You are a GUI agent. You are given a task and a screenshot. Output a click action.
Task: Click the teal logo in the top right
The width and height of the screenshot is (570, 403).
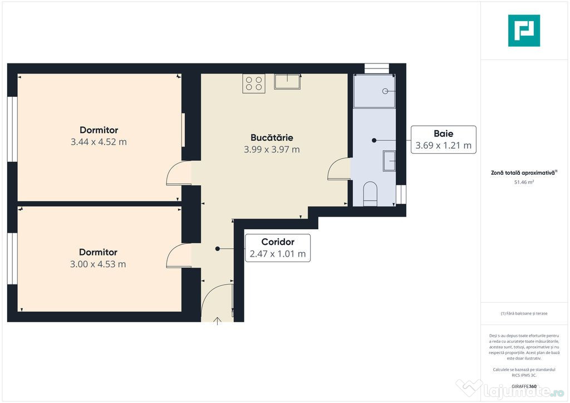(524, 31)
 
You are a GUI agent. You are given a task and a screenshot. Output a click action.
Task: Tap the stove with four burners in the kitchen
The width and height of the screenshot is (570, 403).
(253, 83)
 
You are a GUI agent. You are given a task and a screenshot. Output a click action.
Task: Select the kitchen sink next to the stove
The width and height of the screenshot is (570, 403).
(287, 82)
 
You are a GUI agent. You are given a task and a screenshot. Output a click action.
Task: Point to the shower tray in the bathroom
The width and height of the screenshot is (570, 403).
(374, 91)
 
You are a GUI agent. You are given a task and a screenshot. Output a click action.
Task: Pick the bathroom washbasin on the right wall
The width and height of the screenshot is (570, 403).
(389, 161)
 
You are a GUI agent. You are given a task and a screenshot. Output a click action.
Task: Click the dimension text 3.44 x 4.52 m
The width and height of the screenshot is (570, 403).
(99, 142)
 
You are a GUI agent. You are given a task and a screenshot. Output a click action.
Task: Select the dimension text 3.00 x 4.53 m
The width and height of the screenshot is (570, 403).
(98, 264)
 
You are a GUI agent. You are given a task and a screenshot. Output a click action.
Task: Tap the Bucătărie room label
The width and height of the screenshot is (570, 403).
(272, 137)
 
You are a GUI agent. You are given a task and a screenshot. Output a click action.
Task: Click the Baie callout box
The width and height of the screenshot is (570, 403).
(443, 140)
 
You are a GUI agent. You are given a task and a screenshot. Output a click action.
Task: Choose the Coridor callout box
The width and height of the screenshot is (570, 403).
(277, 248)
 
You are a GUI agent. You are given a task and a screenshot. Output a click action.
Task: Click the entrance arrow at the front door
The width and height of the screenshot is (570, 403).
(217, 320)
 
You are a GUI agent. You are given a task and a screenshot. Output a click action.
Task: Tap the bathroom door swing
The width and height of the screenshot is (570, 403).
(339, 169)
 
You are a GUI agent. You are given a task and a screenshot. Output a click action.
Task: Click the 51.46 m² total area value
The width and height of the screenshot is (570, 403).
(524, 182)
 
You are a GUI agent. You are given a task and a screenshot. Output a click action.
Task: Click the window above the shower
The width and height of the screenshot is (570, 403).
(376, 68)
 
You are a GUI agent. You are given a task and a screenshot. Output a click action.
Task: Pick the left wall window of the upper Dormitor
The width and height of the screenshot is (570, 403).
(12, 129)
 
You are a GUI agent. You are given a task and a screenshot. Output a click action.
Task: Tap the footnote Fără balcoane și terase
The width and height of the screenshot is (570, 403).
(524, 313)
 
